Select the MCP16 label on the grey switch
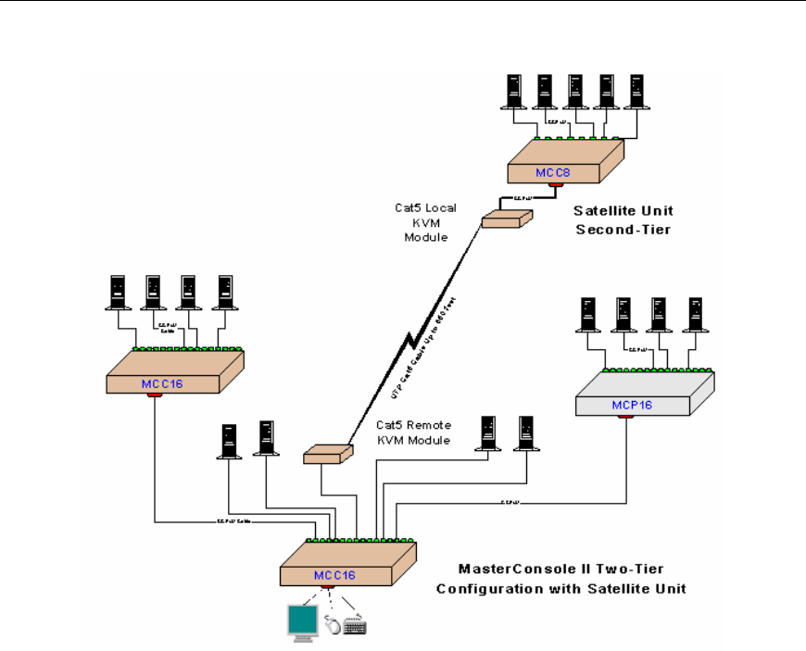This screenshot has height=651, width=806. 632,405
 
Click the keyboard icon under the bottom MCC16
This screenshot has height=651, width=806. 355,626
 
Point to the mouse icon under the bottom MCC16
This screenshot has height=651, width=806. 333,625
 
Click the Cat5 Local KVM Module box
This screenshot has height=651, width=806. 507,218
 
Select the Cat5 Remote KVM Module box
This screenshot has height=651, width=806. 328,453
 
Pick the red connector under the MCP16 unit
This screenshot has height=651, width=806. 626,416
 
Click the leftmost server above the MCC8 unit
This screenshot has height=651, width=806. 512,90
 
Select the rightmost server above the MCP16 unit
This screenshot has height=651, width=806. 693,316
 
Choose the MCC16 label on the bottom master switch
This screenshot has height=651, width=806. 334,574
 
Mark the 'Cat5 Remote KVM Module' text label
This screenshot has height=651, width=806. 413,432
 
